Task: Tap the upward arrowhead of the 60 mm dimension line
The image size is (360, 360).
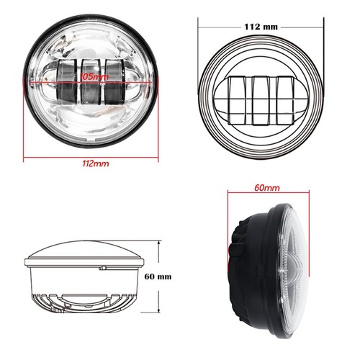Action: (159, 242)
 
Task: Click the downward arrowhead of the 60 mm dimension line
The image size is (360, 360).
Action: (159, 314)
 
